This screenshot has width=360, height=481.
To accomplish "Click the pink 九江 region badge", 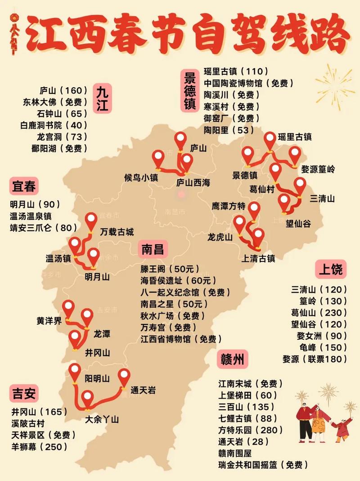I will pyautogui.click(x=103, y=99).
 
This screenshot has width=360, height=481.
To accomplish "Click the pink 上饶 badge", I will pyautogui.click(x=331, y=270).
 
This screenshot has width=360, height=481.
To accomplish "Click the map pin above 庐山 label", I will pyautogui.click(x=181, y=140).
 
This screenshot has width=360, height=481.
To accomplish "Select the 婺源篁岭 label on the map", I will pyautogui.click(x=318, y=170).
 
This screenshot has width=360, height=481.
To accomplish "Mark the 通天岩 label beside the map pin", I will pyautogui.click(x=143, y=391).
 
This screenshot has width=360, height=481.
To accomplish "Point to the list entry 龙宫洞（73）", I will pyautogui.click(x=62, y=136).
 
